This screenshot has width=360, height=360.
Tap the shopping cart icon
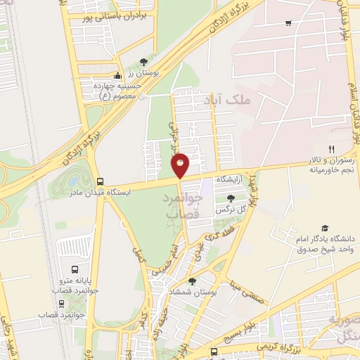point(289,23)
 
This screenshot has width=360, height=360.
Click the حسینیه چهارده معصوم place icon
point(118,77)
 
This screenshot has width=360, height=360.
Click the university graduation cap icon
point(324,228)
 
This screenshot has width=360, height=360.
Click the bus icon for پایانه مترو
point(75,269)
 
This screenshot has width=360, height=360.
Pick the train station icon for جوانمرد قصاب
point(62,304)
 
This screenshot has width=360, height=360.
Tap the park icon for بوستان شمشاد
point(192,281)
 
